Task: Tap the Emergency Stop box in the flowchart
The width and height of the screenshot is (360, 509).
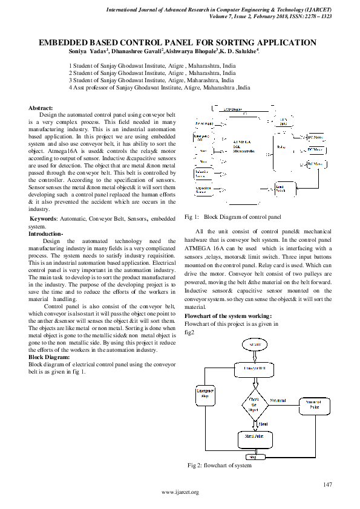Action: (x=204, y=392)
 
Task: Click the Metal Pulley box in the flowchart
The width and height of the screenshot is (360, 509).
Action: (x=254, y=435)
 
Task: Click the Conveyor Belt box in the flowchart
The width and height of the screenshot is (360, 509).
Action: (x=255, y=368)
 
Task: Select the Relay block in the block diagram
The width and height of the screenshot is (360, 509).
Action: (x=281, y=147)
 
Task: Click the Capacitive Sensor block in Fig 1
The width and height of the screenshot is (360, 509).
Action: (x=203, y=190)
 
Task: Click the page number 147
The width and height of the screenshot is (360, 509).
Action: (x=328, y=485)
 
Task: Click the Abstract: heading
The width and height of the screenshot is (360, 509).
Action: (x=41, y=107)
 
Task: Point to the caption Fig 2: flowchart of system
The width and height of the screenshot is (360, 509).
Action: (x=219, y=465)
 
